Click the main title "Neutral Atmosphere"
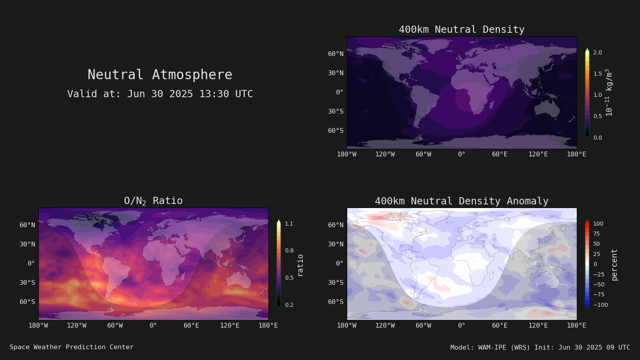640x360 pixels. (x=160, y=74)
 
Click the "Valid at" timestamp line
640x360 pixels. (x=160, y=94)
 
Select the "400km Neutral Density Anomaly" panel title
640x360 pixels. (x=462, y=201)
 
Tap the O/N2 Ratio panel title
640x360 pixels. (x=153, y=201)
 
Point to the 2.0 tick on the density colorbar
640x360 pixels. (x=598, y=52)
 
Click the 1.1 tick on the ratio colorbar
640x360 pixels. (x=289, y=224)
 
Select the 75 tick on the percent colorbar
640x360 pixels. (x=596, y=234)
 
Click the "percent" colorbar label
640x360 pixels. (x=614, y=265)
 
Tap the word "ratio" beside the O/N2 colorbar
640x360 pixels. (x=300, y=266)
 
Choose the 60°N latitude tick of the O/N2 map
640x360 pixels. (x=28, y=225)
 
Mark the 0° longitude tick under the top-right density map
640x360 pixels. (x=462, y=154)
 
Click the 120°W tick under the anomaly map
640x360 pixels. (x=385, y=326)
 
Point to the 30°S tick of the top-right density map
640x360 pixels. (x=336, y=111)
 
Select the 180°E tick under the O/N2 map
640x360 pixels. (x=268, y=326)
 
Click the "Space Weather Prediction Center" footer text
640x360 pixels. (x=72, y=347)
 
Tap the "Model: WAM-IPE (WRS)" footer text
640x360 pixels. (x=490, y=348)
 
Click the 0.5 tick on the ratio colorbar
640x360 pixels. (x=289, y=278)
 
